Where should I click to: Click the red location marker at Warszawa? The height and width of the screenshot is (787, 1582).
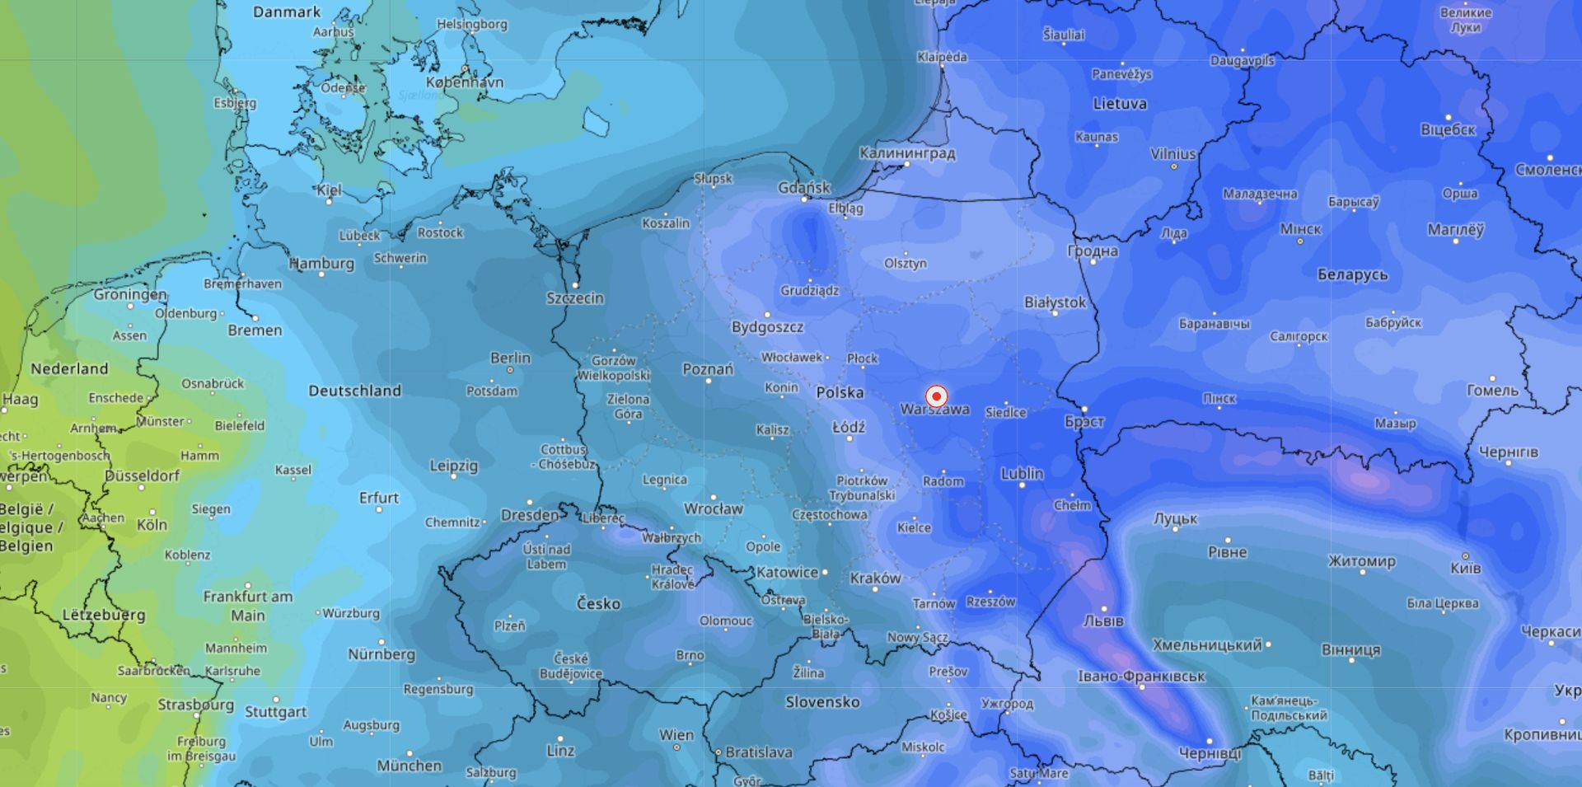tap(936, 396)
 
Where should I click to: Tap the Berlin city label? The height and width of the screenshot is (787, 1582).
tap(510, 358)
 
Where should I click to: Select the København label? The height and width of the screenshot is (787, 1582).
tap(465, 82)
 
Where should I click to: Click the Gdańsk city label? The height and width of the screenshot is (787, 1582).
tap(804, 188)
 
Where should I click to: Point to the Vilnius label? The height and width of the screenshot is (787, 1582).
tap(1172, 154)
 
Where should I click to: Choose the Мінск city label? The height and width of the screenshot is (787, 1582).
tap(1300, 229)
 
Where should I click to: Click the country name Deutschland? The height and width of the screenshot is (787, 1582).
tap(354, 391)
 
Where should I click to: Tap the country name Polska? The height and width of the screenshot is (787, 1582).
tap(840, 392)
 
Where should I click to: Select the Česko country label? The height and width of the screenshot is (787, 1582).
tap(598, 603)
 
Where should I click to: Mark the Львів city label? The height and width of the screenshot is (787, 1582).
tap(1102, 621)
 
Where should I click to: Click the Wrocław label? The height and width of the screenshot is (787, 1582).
tap(713, 508)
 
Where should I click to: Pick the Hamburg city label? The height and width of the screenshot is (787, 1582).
tap(322, 264)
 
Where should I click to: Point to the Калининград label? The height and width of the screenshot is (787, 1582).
tap(907, 153)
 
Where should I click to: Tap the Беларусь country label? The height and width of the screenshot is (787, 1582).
tap(1352, 274)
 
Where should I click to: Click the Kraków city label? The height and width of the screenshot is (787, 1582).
tap(875, 578)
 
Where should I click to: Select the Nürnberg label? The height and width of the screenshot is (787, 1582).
tap(381, 653)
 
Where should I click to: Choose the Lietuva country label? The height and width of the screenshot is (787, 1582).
tap(1119, 104)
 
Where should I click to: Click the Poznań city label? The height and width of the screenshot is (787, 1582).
tap(708, 369)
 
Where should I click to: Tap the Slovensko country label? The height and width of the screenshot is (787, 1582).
tap(822, 702)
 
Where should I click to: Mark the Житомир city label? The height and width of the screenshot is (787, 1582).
tap(1361, 561)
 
